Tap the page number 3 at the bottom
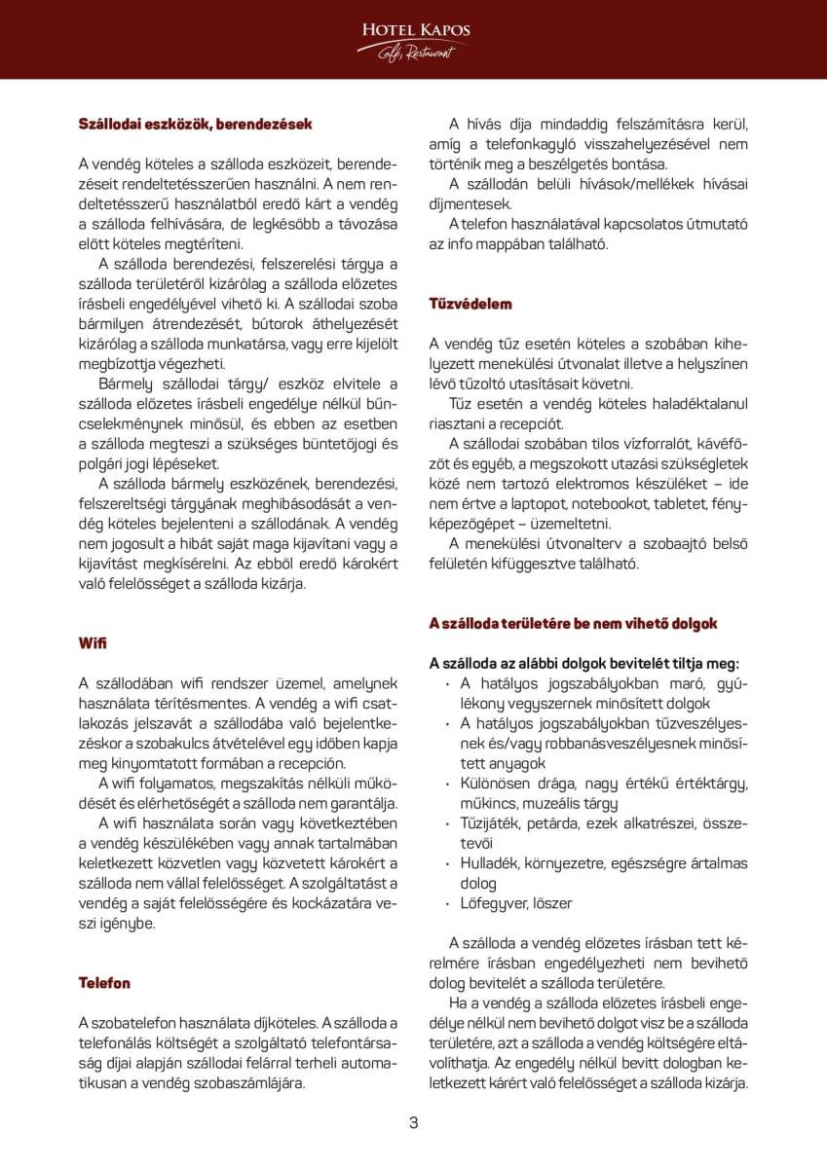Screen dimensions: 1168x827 [413, 1122]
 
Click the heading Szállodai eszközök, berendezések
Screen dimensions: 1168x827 [195, 125]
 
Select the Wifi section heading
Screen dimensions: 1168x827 [93, 643]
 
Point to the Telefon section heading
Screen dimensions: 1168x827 [104, 983]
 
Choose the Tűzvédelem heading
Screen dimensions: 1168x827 [470, 304]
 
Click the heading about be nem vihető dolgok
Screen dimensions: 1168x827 [573, 623]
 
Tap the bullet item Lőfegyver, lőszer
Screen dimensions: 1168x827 [516, 903]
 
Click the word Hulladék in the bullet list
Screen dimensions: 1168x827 [490, 862]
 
